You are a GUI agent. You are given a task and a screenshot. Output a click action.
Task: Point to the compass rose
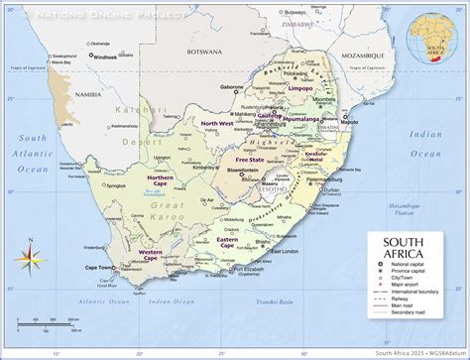point(28,261)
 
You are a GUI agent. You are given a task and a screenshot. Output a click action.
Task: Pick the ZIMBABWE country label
point(295,22)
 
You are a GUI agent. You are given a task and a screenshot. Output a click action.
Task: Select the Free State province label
point(249,159)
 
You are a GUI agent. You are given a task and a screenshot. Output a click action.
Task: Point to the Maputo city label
point(350,124)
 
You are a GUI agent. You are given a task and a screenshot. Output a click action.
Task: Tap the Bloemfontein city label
point(243,171)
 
